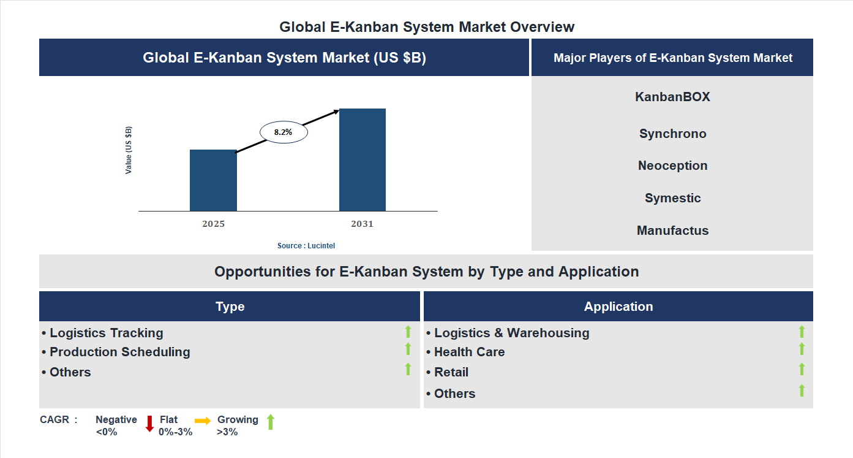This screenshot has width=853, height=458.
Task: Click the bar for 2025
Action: click(213, 180)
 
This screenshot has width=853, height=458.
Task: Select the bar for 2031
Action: click(363, 160)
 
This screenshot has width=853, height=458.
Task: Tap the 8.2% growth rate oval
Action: click(284, 132)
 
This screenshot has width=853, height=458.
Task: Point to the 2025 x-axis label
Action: click(213, 224)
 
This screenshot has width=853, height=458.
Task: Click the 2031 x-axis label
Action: click(362, 224)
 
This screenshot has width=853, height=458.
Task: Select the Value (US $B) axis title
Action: click(129, 150)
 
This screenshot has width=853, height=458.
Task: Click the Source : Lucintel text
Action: click(306, 246)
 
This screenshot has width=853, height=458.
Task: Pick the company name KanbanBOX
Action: click(672, 97)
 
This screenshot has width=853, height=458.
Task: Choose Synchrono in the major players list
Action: click(672, 134)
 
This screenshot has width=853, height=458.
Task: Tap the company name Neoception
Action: click(672, 166)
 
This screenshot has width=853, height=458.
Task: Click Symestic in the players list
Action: click(672, 198)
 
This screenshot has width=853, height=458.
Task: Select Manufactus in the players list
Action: click(672, 231)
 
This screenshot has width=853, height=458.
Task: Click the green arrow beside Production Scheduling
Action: click(408, 349)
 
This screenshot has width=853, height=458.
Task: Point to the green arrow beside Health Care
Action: click(802, 349)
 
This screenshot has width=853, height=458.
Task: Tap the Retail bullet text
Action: click(451, 372)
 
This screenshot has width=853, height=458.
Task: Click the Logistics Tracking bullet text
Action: click(106, 333)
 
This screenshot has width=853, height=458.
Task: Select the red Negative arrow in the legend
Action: click(149, 424)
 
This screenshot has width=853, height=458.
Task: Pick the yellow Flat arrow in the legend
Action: click(203, 421)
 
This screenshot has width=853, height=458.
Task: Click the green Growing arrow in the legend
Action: click(271, 422)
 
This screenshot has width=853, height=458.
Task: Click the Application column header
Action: click(618, 307)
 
